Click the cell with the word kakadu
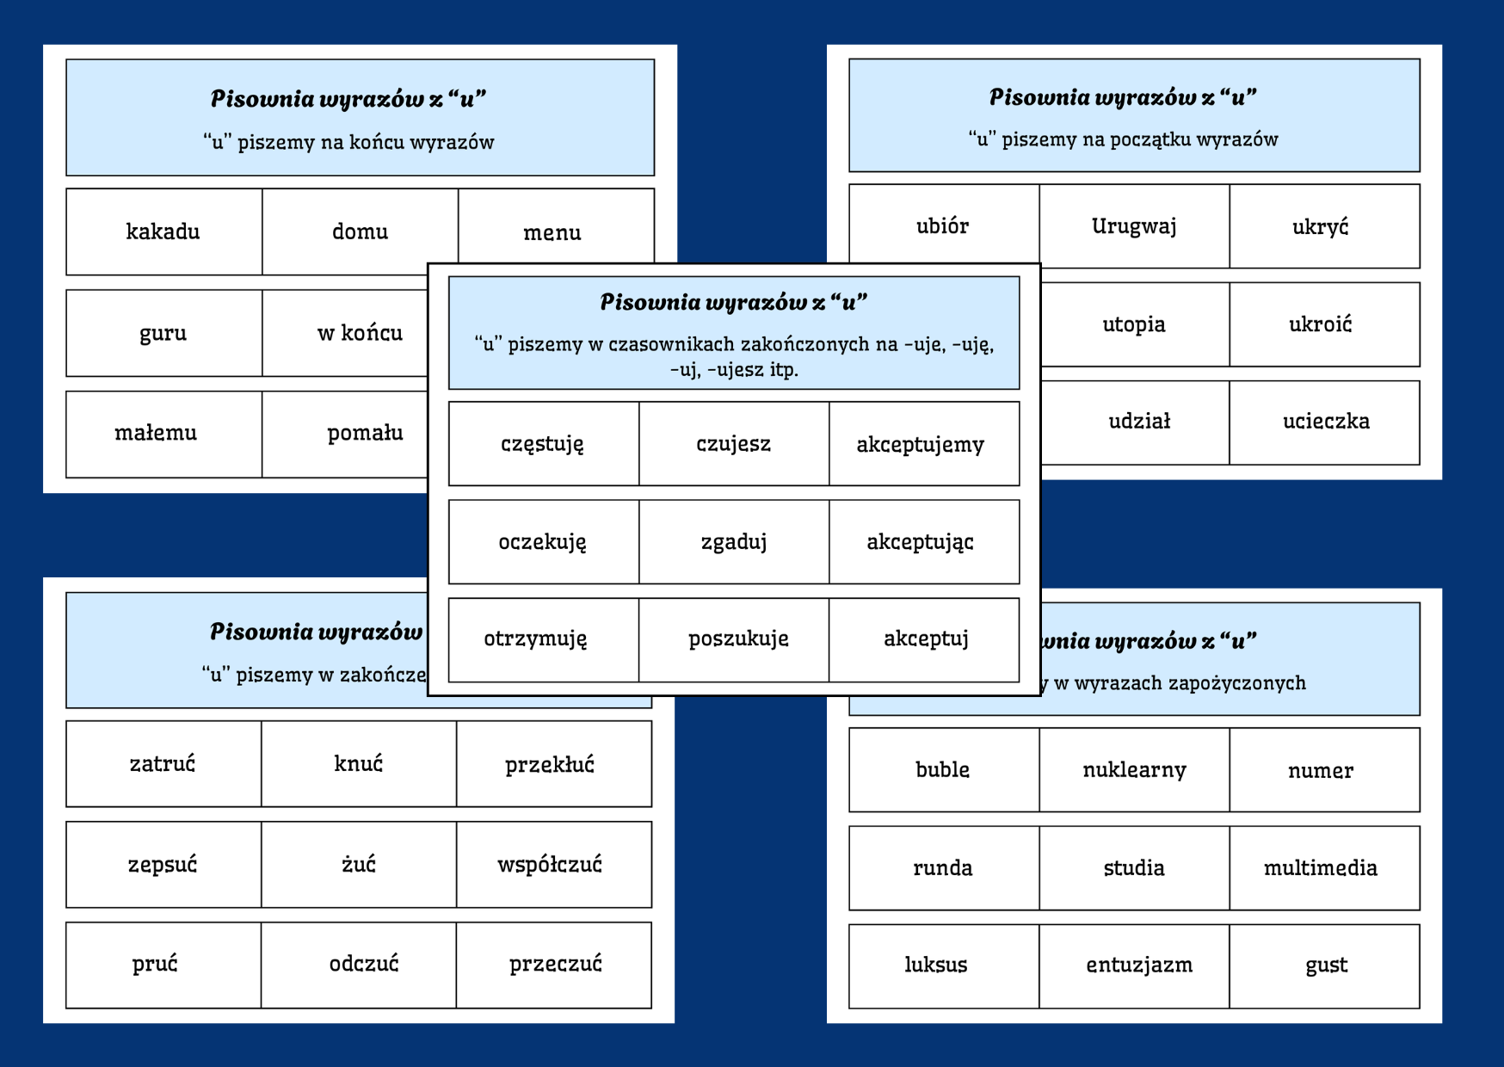(x=163, y=231)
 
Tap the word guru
(x=163, y=333)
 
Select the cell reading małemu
(x=156, y=433)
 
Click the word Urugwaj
(x=1134, y=226)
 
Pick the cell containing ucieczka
(x=1325, y=422)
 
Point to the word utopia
(x=1134, y=324)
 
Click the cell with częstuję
(x=543, y=444)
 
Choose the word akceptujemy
(x=921, y=444)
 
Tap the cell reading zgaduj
(x=734, y=542)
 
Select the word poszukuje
(x=738, y=639)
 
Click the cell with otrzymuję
(x=535, y=639)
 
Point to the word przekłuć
(x=550, y=764)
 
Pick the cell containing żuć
(x=359, y=864)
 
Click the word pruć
(x=156, y=964)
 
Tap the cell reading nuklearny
(x=1134, y=770)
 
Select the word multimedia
(x=1320, y=868)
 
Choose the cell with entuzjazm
(x=1139, y=965)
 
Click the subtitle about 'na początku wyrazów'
(x=1123, y=139)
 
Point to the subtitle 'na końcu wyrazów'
(x=348, y=142)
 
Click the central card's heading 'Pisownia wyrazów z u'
(x=733, y=302)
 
